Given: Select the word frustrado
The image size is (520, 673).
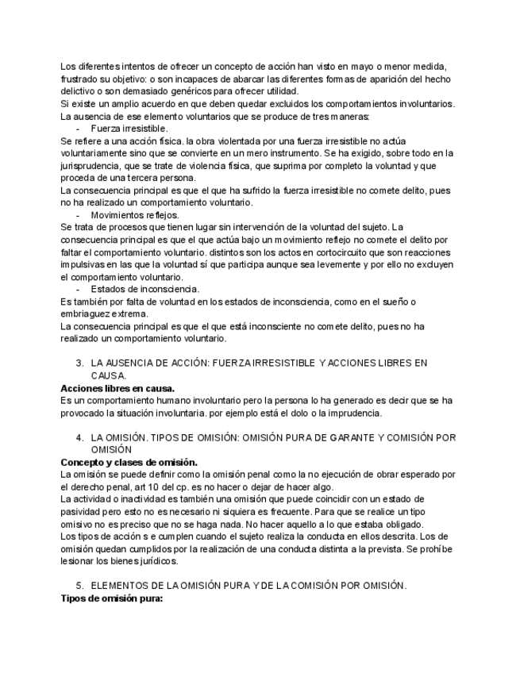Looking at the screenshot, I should tap(83, 79).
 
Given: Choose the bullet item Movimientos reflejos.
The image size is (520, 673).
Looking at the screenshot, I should tap(134, 214).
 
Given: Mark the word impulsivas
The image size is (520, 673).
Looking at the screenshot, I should tap(84, 264).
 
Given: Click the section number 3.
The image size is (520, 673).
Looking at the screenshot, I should tap(79, 363).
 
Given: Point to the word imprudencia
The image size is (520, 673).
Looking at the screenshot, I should tap(352, 413).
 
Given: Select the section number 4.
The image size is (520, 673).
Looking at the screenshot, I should tap(79, 437).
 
